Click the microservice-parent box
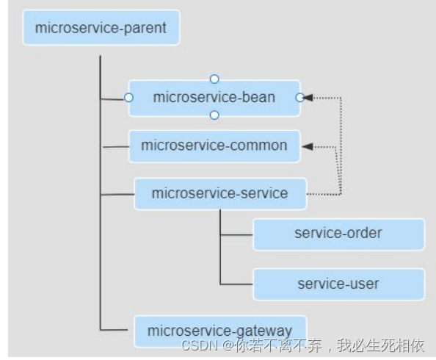tap(101, 28)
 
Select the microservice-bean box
tap(214, 98)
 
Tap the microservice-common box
tap(214, 145)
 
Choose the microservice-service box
tap(219, 194)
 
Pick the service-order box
tap(338, 234)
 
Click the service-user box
tap(338, 284)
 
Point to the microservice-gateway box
tap(219, 331)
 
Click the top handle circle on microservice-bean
tap(214, 79)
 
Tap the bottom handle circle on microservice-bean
tap(214, 115)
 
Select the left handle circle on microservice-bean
tap(128, 97)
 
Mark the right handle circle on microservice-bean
tap(299, 97)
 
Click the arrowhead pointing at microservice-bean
tap(308, 97)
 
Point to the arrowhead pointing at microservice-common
tap(308, 146)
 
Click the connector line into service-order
tap(236, 235)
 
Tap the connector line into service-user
tap(236, 284)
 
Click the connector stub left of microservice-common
tap(116, 147)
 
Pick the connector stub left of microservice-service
tap(117, 195)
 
